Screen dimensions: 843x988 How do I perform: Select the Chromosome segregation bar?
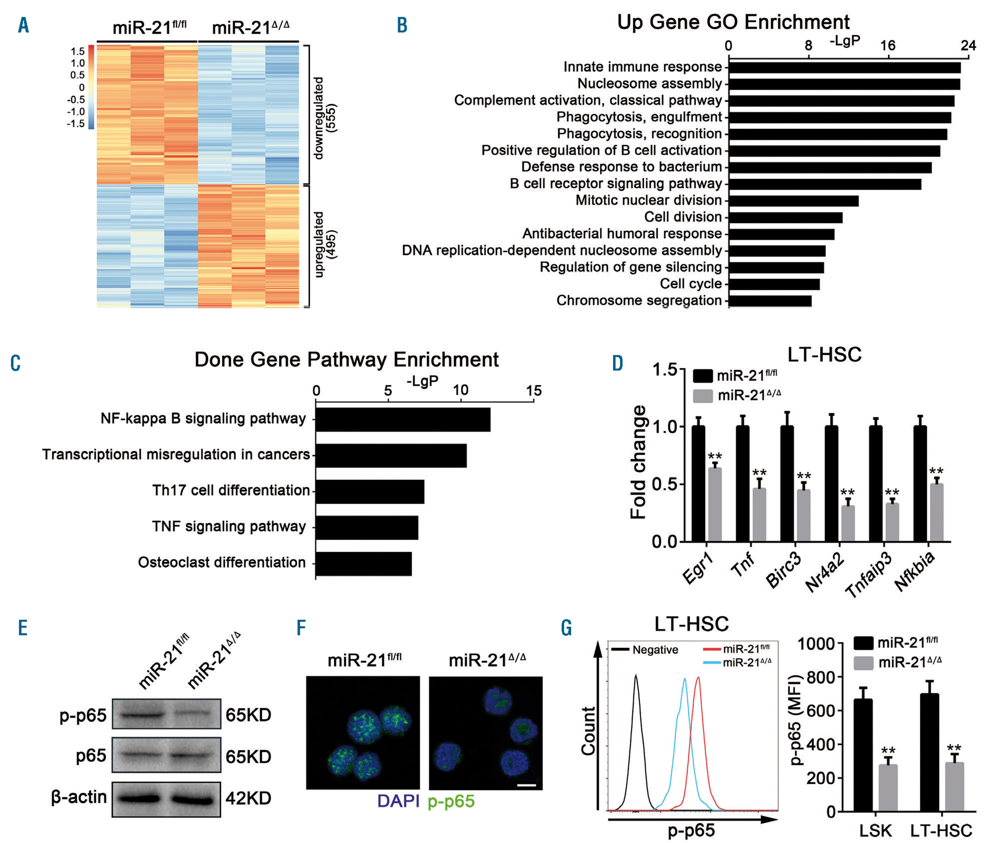[x=770, y=301]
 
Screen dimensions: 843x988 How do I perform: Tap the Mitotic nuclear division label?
[x=648, y=201]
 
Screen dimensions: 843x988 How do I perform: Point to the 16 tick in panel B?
[x=888, y=46]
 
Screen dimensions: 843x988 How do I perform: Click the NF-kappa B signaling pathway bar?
[x=403, y=420]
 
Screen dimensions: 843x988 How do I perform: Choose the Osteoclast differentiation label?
[x=221, y=562]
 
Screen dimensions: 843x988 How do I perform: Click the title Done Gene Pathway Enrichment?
[x=346, y=360]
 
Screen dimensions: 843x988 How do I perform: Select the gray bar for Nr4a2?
[x=848, y=523]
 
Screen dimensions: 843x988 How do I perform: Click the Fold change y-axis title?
[x=638, y=462]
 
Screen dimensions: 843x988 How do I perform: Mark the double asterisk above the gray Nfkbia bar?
[x=936, y=471]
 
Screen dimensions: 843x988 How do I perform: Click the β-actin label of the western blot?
[x=79, y=797]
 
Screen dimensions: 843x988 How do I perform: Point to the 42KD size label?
[x=248, y=798]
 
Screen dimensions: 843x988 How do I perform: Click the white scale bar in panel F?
[x=527, y=785]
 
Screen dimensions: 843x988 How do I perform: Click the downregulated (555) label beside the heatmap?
[x=325, y=118]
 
